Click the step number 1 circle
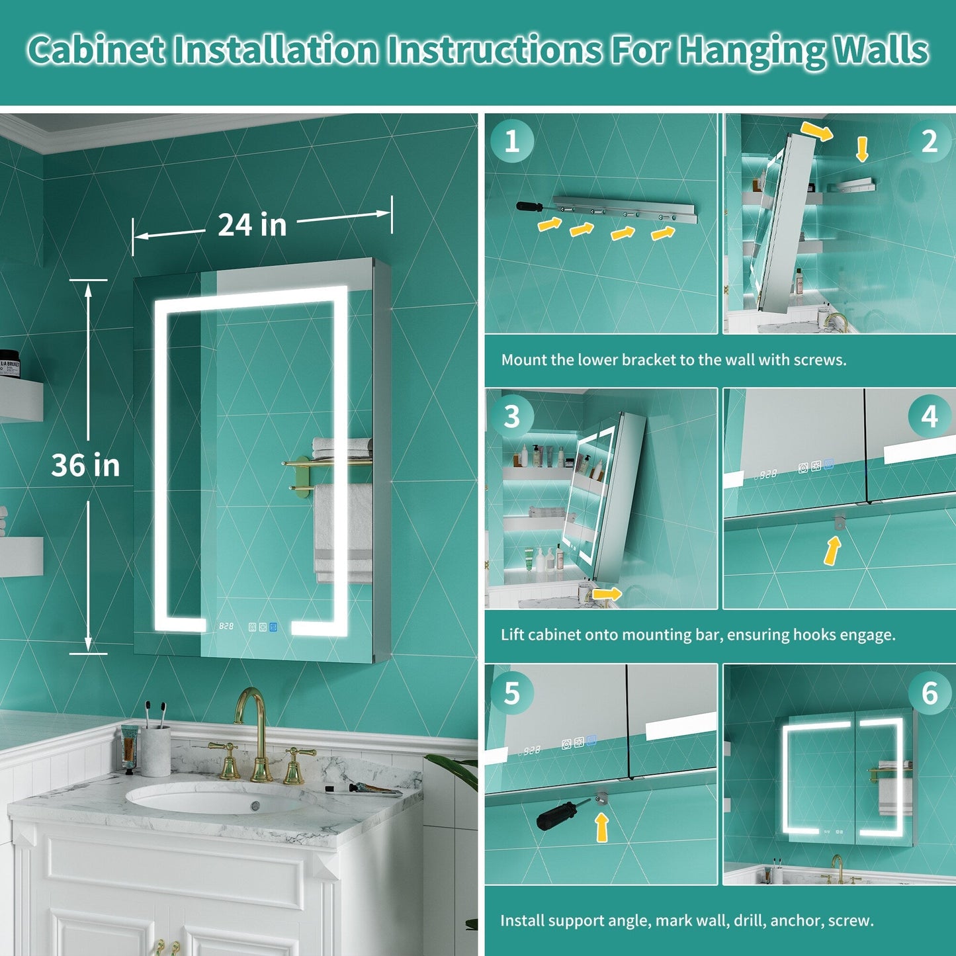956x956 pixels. (x=512, y=142)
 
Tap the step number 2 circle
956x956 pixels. (x=930, y=142)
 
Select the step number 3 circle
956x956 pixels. (x=512, y=416)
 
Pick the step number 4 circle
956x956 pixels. (x=930, y=416)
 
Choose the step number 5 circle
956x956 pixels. (x=512, y=693)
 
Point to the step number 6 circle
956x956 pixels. (x=930, y=693)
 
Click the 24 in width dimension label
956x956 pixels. (x=252, y=225)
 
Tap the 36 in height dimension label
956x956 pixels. (x=85, y=465)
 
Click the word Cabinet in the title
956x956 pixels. (x=96, y=50)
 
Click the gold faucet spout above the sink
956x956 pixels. (x=251, y=705)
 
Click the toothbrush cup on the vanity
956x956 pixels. (x=155, y=751)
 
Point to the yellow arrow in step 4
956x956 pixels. (x=832, y=551)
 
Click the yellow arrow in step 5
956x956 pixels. (x=602, y=827)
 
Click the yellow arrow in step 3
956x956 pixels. (x=607, y=594)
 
